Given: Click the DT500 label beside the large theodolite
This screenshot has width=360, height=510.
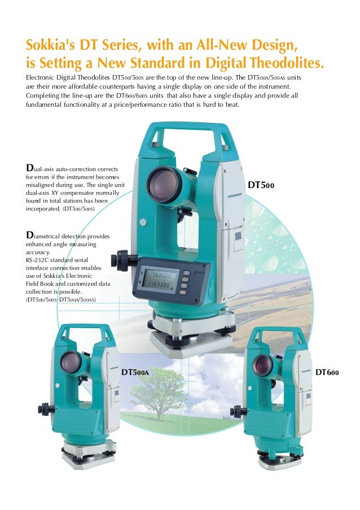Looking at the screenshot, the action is click(x=261, y=185).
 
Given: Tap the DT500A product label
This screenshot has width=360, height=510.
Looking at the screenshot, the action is click(x=135, y=372).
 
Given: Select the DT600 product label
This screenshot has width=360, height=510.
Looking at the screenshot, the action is click(x=327, y=372).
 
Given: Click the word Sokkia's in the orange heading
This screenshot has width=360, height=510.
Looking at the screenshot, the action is click(x=50, y=45).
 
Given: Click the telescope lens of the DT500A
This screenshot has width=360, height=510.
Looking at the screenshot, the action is click(x=71, y=362).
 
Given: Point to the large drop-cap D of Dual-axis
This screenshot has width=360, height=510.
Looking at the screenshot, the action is click(x=30, y=168).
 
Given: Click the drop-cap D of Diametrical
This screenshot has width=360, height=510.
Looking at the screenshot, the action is click(x=30, y=235).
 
